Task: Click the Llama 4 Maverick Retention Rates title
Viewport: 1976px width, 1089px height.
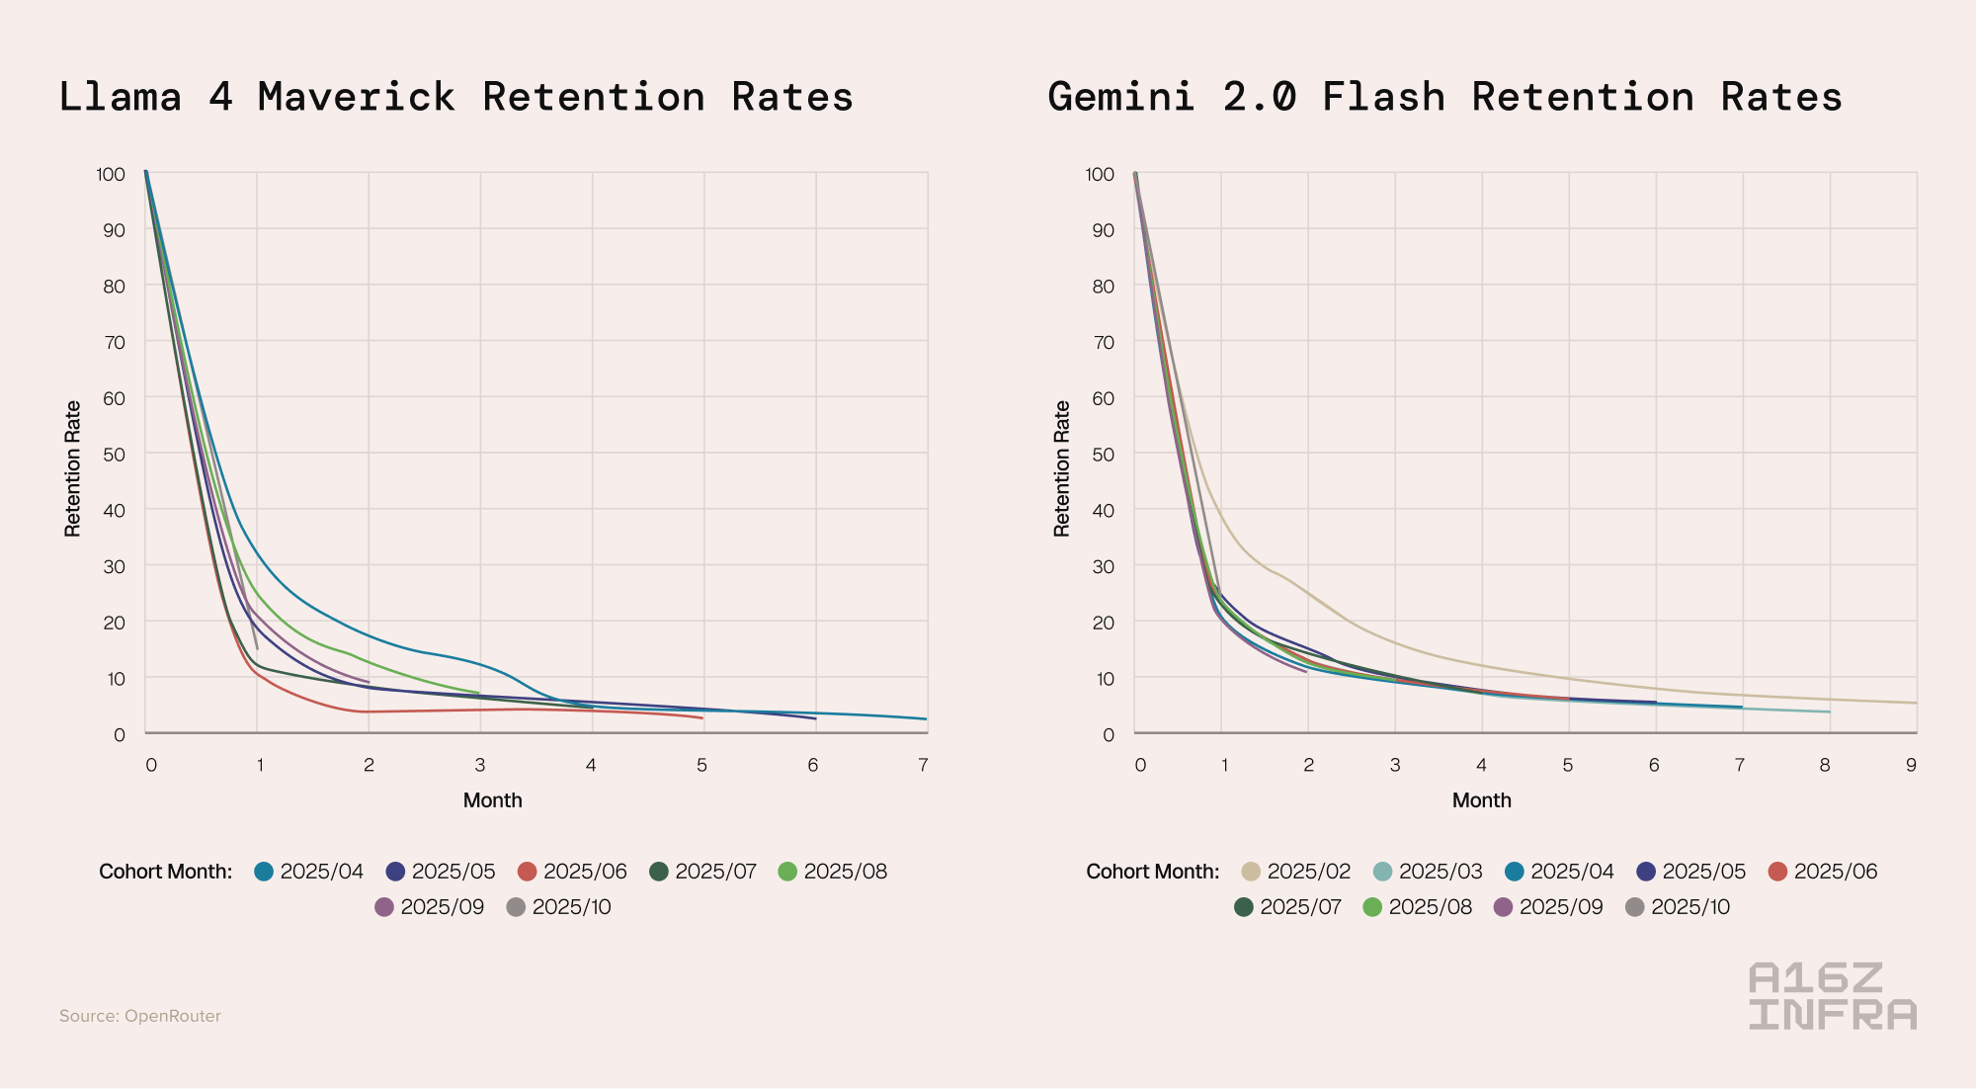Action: click(x=455, y=97)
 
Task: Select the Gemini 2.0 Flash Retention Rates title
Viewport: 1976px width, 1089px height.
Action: click(x=1444, y=97)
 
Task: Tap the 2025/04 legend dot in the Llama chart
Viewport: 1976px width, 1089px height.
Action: click(x=264, y=872)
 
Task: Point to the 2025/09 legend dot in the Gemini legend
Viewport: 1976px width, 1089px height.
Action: click(x=1504, y=907)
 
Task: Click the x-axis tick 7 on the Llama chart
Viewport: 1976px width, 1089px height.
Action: click(x=923, y=765)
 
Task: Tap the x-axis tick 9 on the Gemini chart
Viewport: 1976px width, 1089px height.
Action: click(x=1912, y=765)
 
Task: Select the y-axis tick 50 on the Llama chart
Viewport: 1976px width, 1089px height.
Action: click(x=115, y=455)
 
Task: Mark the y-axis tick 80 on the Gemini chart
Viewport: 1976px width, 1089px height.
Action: click(x=1103, y=287)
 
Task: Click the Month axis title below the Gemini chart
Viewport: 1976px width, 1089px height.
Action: click(x=1481, y=800)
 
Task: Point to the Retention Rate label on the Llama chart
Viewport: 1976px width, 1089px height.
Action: click(x=72, y=468)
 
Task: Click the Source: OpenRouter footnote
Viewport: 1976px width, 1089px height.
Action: click(x=140, y=1016)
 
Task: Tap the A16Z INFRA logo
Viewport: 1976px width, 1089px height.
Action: click(x=1832, y=996)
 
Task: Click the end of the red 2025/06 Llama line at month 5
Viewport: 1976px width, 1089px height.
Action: click(x=702, y=718)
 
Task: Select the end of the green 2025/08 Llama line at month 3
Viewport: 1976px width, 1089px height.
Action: click(x=479, y=693)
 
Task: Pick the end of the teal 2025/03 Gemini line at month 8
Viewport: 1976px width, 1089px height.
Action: click(x=1830, y=712)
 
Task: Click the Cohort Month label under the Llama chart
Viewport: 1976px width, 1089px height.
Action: click(x=166, y=872)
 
